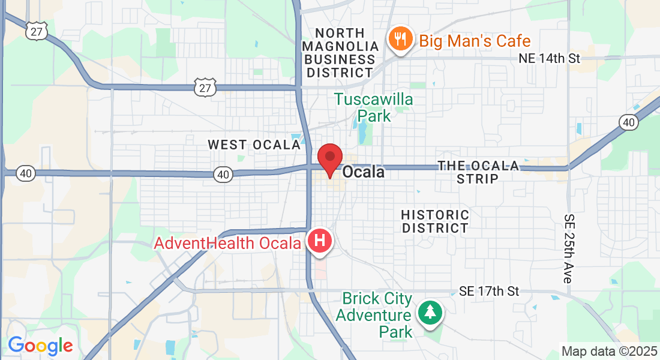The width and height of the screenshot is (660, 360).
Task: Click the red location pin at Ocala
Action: click(x=329, y=159)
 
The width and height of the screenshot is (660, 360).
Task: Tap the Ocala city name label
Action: click(x=364, y=173)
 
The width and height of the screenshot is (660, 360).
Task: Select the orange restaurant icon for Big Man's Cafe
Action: click(x=399, y=41)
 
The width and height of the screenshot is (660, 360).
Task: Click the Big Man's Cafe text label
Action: click(x=475, y=41)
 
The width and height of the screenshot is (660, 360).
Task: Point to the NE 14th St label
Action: click(x=550, y=59)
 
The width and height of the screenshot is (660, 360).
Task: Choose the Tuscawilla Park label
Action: click(x=374, y=107)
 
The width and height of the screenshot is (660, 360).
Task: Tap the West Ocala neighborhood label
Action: click(x=254, y=145)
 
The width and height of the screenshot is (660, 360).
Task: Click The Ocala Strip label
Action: click(x=478, y=172)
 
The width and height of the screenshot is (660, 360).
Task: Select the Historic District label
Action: click(x=435, y=221)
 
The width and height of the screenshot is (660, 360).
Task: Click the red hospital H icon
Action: click(x=320, y=241)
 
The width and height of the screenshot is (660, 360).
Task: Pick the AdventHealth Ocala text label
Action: click(x=227, y=244)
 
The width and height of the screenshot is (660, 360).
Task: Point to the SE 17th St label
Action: click(x=488, y=292)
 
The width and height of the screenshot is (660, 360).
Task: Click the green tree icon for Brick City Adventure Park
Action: click(x=430, y=311)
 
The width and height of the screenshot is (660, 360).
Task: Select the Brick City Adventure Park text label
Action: click(x=374, y=315)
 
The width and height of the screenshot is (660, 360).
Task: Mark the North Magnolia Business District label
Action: click(x=340, y=53)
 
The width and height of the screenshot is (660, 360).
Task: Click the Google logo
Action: click(x=40, y=346)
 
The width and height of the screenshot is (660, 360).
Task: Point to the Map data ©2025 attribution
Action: click(x=608, y=351)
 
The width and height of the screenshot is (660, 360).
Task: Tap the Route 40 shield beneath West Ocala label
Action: click(x=223, y=174)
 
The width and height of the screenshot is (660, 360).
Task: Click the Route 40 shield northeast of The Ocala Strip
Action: click(x=628, y=122)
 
